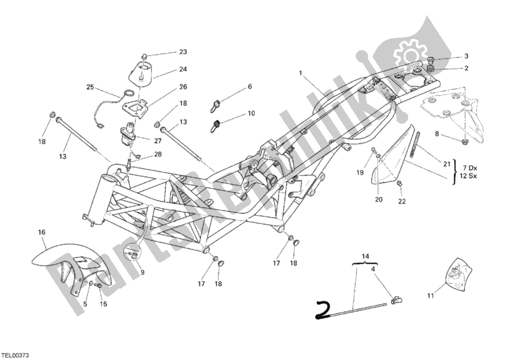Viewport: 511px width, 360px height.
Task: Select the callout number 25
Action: pyautogui.click(x=90, y=86)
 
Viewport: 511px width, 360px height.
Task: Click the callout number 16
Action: pyautogui.click(x=42, y=233)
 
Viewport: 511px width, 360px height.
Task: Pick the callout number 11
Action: pyautogui.click(x=429, y=296)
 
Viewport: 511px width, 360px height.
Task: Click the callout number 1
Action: pyautogui.click(x=300, y=73)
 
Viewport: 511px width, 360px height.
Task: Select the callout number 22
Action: pyautogui.click(x=401, y=202)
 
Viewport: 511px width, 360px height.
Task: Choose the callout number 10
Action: pyautogui.click(x=250, y=114)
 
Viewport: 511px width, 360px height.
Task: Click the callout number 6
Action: pyautogui.click(x=250, y=86)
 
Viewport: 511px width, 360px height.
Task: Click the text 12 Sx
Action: pyautogui.click(x=469, y=175)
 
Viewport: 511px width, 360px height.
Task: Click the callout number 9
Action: pyautogui.click(x=141, y=273)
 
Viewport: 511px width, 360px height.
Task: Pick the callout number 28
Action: pyautogui.click(x=157, y=154)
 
